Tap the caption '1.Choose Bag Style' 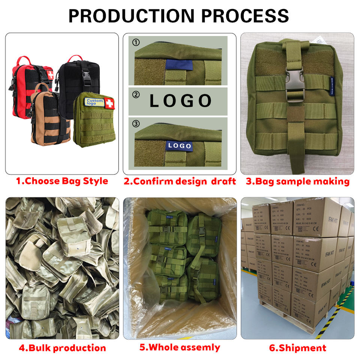62,181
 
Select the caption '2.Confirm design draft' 180,181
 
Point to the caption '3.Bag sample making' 297,182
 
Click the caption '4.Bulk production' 62,348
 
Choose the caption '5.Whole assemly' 180,347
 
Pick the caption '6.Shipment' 297,348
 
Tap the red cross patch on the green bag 109,103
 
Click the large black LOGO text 181,101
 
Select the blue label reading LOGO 180,145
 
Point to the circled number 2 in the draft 136,95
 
